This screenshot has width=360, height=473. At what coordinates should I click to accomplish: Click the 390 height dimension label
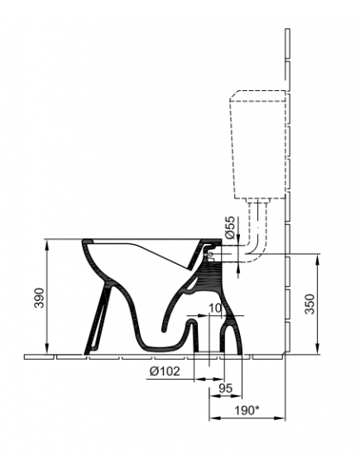[39, 298]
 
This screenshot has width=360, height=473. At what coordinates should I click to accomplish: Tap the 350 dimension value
[310, 303]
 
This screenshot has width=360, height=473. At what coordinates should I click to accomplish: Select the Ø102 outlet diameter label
[165, 371]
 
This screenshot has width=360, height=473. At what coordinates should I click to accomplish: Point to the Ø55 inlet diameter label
[229, 227]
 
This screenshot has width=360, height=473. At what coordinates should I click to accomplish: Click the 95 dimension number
[226, 388]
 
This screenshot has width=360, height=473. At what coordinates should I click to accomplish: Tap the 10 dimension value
[215, 308]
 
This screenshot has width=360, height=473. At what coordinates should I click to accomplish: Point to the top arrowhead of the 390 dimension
[47, 244]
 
